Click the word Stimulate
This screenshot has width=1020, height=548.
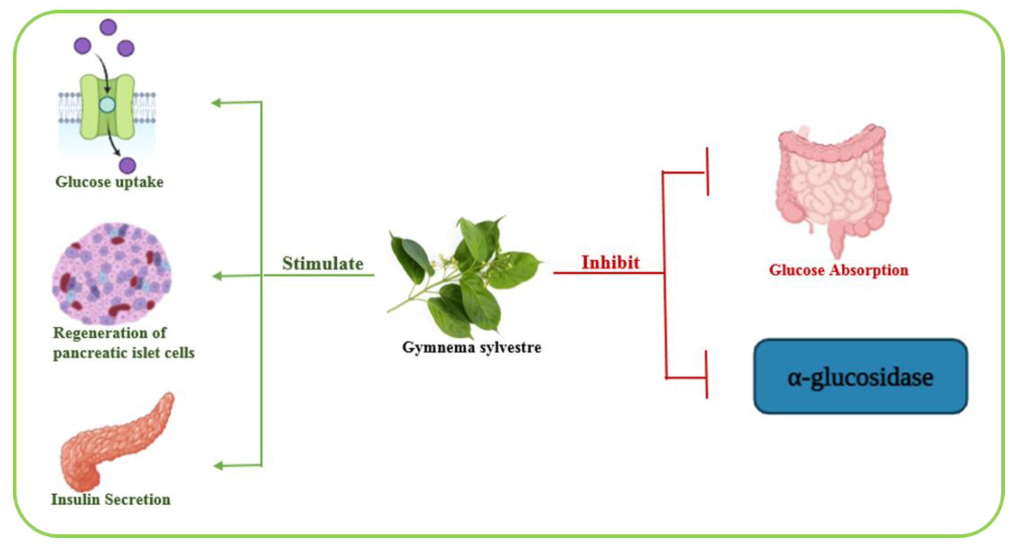[322, 264]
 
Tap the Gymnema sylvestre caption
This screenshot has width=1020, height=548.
[472, 348]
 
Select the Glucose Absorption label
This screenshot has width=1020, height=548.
[838, 270]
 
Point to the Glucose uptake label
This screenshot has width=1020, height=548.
[109, 182]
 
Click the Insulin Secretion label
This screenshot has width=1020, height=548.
[111, 499]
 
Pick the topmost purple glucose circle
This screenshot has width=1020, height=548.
[108, 27]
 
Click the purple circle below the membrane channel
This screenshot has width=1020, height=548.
[127, 165]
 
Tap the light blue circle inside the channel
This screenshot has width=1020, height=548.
[107, 105]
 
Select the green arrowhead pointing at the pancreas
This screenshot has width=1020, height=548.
[218, 466]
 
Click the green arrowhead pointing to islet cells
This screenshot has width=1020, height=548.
[217, 276]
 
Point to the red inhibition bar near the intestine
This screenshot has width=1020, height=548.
[707, 172]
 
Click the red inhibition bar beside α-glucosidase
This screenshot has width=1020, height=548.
[707, 374]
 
